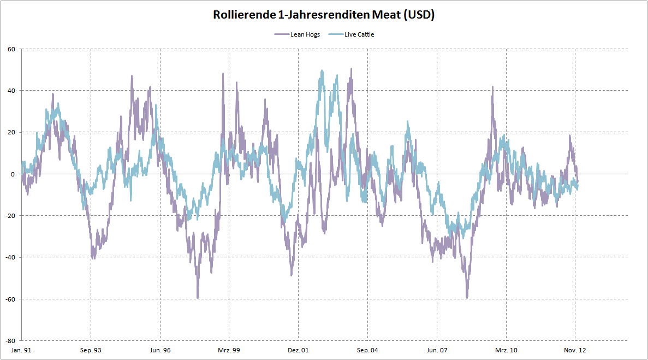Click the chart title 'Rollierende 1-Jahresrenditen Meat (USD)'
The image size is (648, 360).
[x=324, y=15]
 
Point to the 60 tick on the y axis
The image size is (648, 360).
[x=11, y=49]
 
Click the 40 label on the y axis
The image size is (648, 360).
[x=11, y=91]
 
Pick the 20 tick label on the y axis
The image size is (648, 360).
[x=11, y=132]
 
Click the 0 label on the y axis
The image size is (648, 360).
[x=14, y=174]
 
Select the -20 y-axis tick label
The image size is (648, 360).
[x=10, y=216]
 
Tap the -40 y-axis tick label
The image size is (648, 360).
[x=10, y=257]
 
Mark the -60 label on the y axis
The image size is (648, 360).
[x=10, y=299]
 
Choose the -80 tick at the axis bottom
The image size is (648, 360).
[x=10, y=340]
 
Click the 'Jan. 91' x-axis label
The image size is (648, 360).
[x=22, y=350]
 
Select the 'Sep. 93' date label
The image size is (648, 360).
[x=91, y=350]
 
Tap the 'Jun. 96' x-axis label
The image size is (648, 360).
[x=160, y=350]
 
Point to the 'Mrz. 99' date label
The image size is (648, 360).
[x=229, y=350]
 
